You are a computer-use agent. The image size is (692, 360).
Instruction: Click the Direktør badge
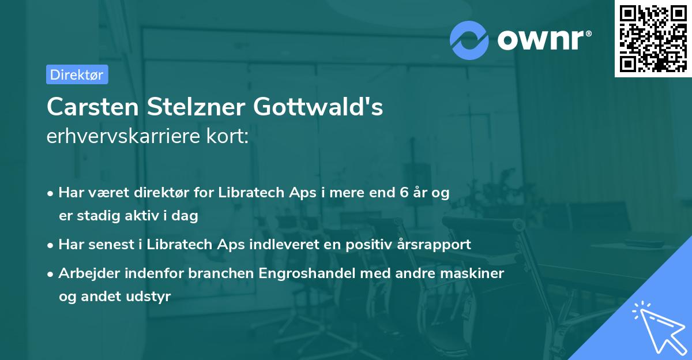pos(77,75)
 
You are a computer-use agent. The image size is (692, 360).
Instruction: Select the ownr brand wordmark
pos(543,39)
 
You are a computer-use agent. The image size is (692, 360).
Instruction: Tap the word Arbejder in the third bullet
pos(84,273)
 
